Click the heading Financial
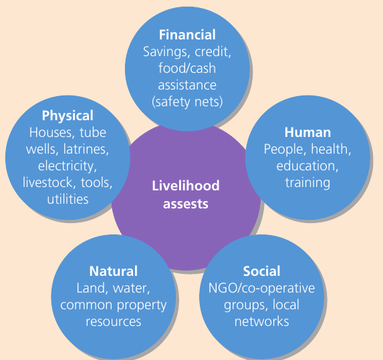(x=187, y=35)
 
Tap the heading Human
(x=307, y=132)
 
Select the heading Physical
(x=68, y=116)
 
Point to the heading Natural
(x=114, y=271)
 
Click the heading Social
(x=261, y=271)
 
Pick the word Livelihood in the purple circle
(x=186, y=186)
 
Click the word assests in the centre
(x=186, y=204)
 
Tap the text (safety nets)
(x=187, y=102)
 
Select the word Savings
(x=165, y=52)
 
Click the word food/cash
(x=187, y=68)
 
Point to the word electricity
(x=68, y=166)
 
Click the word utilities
(x=68, y=199)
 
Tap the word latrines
(x=86, y=149)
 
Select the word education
(x=307, y=166)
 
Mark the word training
(x=307, y=183)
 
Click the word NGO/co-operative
(x=261, y=289)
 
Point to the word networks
(x=261, y=321)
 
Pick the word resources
(x=114, y=322)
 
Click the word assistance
(x=187, y=85)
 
